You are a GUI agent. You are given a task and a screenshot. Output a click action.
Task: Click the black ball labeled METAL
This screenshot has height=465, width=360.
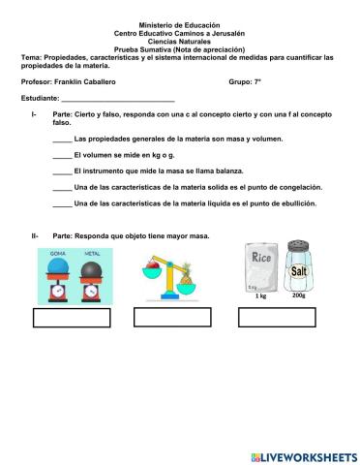(x=92, y=263)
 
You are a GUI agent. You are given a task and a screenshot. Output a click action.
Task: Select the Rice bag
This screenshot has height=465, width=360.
(x=260, y=267)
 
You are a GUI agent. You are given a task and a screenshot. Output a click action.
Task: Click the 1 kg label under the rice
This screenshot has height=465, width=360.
(x=261, y=297)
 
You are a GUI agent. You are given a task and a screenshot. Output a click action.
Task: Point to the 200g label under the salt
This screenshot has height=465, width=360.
(x=298, y=297)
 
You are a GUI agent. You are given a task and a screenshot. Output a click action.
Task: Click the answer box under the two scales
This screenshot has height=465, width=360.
(x=72, y=318)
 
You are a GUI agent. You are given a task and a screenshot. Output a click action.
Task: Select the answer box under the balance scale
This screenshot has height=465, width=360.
(x=173, y=318)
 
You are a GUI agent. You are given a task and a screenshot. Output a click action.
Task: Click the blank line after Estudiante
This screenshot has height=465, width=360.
(x=118, y=100)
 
